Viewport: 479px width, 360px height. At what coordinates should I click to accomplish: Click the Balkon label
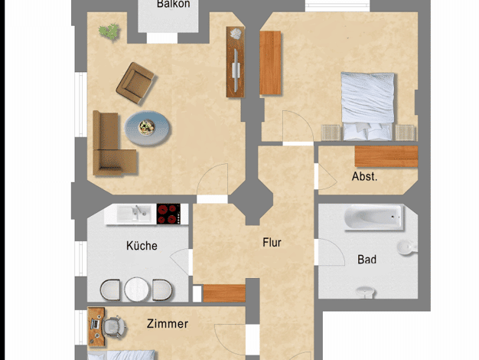pyautogui.click(x=173, y=4)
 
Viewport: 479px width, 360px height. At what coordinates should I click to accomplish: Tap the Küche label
pyautogui.click(x=142, y=246)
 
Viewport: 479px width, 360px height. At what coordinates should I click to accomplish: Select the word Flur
pyautogui.click(x=272, y=243)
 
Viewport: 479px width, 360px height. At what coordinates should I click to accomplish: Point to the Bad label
pyautogui.click(x=367, y=260)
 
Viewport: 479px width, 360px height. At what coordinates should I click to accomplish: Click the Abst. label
pyautogui.click(x=364, y=176)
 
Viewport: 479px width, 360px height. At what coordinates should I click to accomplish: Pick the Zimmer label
pyautogui.click(x=168, y=323)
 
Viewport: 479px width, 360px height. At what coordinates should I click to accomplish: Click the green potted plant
pyautogui.click(x=109, y=31)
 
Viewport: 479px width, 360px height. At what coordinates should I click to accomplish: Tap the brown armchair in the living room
pyautogui.click(x=135, y=83)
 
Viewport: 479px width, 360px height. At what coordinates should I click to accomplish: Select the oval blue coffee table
pyautogui.click(x=147, y=128)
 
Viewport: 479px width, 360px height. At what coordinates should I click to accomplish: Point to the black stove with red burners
pyautogui.click(x=168, y=214)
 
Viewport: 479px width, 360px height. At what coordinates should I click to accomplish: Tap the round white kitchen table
pyautogui.click(x=136, y=289)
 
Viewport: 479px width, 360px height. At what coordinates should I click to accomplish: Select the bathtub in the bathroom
pyautogui.click(x=374, y=217)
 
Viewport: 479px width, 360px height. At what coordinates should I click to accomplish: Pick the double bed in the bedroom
pyautogui.click(x=367, y=106)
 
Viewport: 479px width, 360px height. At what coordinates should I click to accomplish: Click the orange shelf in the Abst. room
pyautogui.click(x=386, y=156)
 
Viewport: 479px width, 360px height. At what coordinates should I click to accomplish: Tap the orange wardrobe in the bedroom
pyautogui.click(x=270, y=63)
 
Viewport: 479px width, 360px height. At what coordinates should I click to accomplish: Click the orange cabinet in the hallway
pyautogui.click(x=224, y=293)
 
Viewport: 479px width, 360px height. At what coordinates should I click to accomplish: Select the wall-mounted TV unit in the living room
pyautogui.click(x=235, y=62)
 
